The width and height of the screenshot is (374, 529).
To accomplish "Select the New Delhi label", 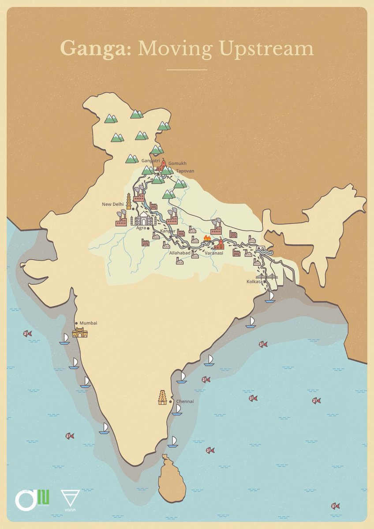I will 113,204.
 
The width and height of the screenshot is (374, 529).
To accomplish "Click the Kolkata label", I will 254,281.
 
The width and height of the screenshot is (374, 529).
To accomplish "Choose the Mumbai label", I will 88,323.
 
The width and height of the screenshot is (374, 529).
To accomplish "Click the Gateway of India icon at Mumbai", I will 80,332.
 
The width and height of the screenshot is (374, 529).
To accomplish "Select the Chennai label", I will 184,402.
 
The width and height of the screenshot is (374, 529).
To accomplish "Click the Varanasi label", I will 214,253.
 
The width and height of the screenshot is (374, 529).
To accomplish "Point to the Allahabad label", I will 180,253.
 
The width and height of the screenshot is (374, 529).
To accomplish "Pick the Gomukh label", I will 177,163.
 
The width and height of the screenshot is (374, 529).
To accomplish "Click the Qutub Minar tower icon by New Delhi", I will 129,201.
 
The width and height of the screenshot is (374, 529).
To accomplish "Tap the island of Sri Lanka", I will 171,478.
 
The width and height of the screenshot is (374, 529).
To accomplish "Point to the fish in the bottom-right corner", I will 335,506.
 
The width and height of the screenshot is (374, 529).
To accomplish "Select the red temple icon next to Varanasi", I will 218,244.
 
